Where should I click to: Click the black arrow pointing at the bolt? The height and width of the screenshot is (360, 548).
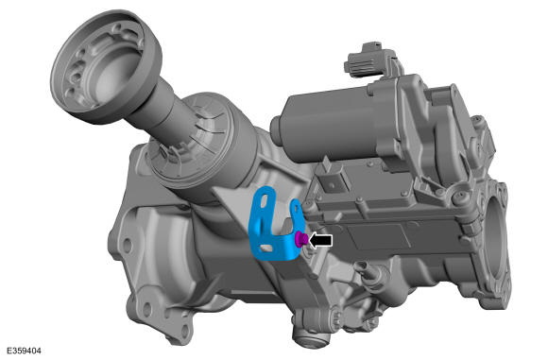coord(320,240)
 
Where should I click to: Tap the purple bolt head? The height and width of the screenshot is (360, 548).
coord(301,239)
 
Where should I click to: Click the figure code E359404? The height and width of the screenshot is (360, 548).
coord(24,351)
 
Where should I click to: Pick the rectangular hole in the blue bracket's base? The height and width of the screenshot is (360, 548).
coord(266,248)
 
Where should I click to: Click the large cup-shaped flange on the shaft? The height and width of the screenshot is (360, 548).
coord(106,66)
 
